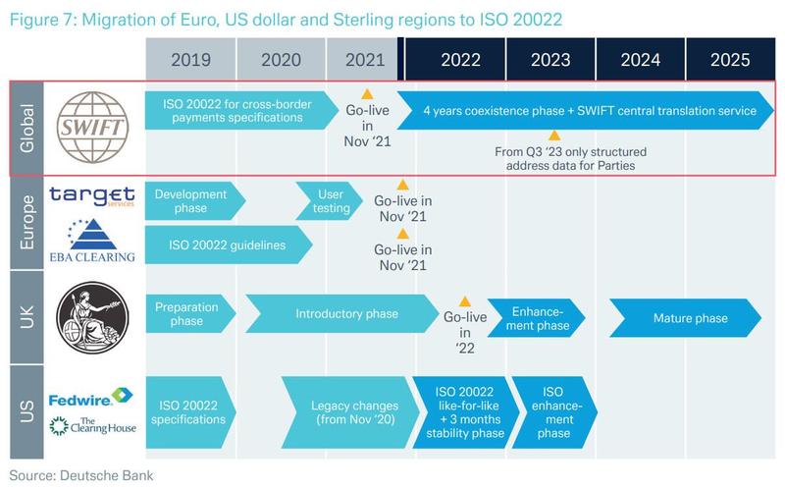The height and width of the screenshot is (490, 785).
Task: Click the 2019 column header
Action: (x=190, y=59)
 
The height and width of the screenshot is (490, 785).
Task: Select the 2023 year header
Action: (x=550, y=59)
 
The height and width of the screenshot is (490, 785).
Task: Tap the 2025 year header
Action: (x=730, y=59)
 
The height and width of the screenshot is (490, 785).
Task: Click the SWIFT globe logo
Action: (x=92, y=128)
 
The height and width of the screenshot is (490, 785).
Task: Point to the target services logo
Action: (x=92, y=195)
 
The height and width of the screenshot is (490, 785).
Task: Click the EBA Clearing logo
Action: (x=92, y=241)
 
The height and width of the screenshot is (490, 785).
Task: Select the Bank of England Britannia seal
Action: (x=92, y=317)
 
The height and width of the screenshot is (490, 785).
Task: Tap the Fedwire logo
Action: (x=90, y=397)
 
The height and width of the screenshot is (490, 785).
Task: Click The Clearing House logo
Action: (x=92, y=426)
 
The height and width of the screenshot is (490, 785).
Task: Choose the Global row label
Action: (x=26, y=129)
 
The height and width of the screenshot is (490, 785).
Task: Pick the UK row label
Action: (x=26, y=317)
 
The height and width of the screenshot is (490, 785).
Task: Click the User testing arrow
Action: (x=329, y=201)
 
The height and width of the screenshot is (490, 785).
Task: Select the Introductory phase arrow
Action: (x=341, y=313)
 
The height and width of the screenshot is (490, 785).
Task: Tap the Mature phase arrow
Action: (x=685, y=318)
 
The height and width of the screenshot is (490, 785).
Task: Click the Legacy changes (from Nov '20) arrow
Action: (x=350, y=412)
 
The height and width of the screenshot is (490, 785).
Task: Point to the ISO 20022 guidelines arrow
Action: (x=229, y=245)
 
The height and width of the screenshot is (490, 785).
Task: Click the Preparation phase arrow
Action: (x=190, y=313)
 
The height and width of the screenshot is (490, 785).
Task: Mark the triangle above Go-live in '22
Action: (x=465, y=301)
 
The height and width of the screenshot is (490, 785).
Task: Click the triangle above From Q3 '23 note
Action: (x=554, y=136)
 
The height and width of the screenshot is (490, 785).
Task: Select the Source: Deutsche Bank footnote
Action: (x=81, y=475)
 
